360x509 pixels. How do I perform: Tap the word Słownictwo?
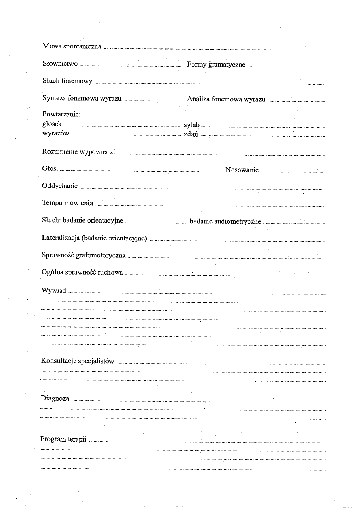click(x=60, y=63)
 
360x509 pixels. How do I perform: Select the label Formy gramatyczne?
click(x=216, y=65)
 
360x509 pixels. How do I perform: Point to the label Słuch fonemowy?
click(x=67, y=81)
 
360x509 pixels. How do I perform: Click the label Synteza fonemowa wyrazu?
click(x=82, y=99)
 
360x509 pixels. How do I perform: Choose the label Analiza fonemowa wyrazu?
click(x=226, y=99)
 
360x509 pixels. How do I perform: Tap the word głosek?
click(x=52, y=124)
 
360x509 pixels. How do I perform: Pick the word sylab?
click(x=192, y=125)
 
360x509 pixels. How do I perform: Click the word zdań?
click(x=191, y=134)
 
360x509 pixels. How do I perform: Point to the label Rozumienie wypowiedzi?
click(x=79, y=152)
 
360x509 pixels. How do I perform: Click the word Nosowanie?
click(x=242, y=170)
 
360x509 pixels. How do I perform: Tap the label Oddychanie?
click(x=60, y=186)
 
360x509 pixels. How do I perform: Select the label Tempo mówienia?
click(x=68, y=203)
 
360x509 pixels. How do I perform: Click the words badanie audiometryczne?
click(x=225, y=221)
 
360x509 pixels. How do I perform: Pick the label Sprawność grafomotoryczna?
click(x=84, y=255)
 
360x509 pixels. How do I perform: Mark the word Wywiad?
click(x=54, y=290)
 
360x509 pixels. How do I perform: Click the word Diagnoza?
click(x=55, y=399)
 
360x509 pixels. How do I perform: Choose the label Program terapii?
click(x=63, y=439)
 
